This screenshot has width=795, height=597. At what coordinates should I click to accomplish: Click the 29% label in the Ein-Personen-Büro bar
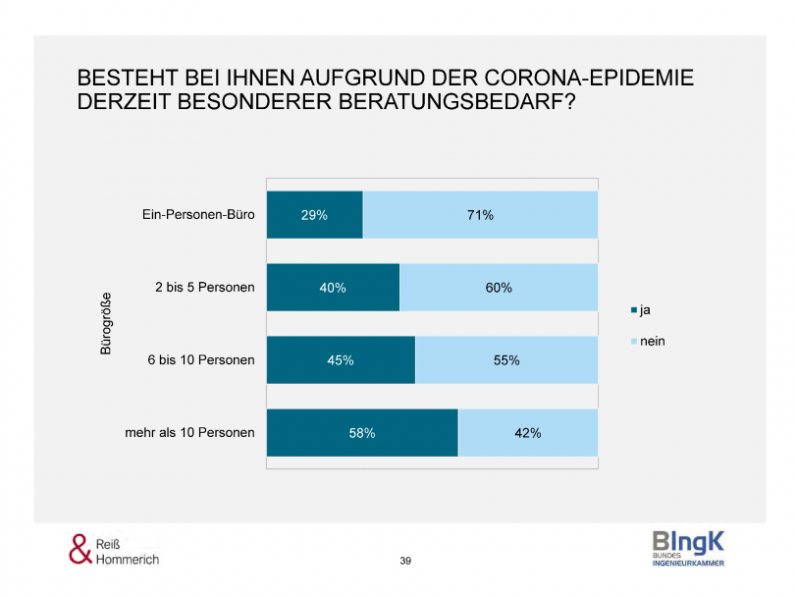(x=314, y=215)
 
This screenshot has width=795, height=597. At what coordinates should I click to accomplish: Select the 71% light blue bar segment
(x=480, y=215)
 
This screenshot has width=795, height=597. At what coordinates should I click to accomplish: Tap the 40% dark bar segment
(x=333, y=288)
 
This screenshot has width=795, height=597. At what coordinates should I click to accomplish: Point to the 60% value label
(x=499, y=288)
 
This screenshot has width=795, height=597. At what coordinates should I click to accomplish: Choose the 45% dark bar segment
(x=341, y=360)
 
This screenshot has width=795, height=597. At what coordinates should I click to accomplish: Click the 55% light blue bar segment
(x=506, y=360)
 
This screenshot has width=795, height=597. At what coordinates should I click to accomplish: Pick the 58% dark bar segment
(x=362, y=432)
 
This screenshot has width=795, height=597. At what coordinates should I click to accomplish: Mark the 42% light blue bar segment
(x=528, y=432)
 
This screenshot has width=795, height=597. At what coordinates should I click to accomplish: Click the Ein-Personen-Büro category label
(x=198, y=215)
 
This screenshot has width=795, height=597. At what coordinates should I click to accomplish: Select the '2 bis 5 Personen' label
(x=205, y=288)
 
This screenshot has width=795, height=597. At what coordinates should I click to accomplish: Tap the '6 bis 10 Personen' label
(x=201, y=360)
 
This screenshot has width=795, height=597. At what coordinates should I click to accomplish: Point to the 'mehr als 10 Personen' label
(x=190, y=432)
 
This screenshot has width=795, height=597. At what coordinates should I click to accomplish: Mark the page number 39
(x=405, y=561)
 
